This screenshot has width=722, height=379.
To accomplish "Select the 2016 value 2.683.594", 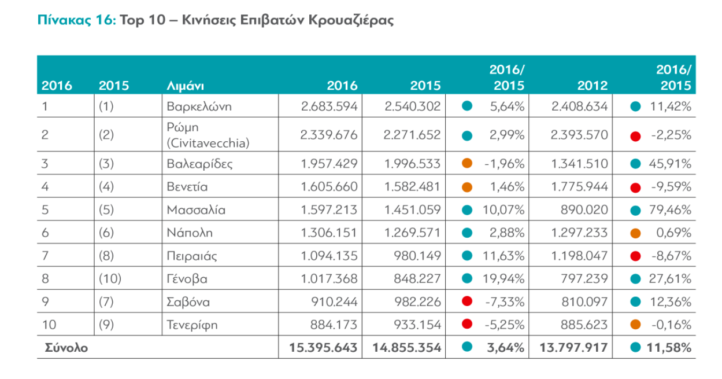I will tap(329, 106).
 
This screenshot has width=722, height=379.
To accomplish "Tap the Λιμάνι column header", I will tap(184, 86).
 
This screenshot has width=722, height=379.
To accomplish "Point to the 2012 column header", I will tap(593, 86).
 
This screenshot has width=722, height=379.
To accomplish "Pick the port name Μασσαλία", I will tap(195, 210).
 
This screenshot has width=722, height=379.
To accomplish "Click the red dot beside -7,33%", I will tap(468, 302).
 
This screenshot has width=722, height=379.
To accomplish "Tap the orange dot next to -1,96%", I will tap(468, 164).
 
